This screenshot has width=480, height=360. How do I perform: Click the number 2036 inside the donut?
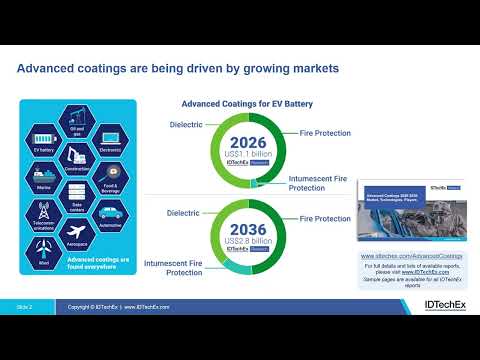tap(247, 229)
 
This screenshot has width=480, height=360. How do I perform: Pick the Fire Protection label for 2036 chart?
tap(325, 218)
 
